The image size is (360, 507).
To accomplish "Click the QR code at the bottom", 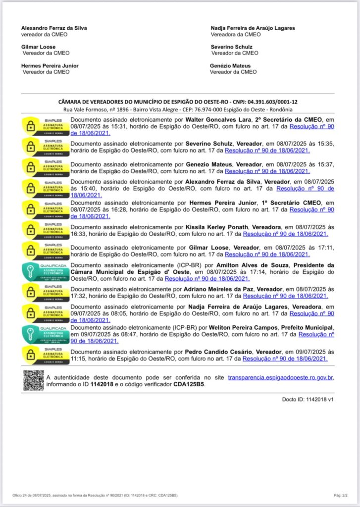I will (x=34, y=380).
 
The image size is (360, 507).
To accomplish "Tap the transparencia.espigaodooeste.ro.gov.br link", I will (x=281, y=378).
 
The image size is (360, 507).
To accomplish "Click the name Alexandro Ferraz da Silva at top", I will (x=54, y=28).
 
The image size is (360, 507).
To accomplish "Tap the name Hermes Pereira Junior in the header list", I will (x=50, y=66).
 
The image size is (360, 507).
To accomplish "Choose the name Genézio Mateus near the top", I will (x=230, y=66).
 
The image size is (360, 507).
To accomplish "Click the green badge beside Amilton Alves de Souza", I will (x=46, y=272).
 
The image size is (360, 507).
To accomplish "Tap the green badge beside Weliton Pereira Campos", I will (x=46, y=334).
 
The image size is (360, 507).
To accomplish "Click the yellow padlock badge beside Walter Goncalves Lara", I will (x=46, y=126).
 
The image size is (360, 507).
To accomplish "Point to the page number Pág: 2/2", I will (x=340, y=495).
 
